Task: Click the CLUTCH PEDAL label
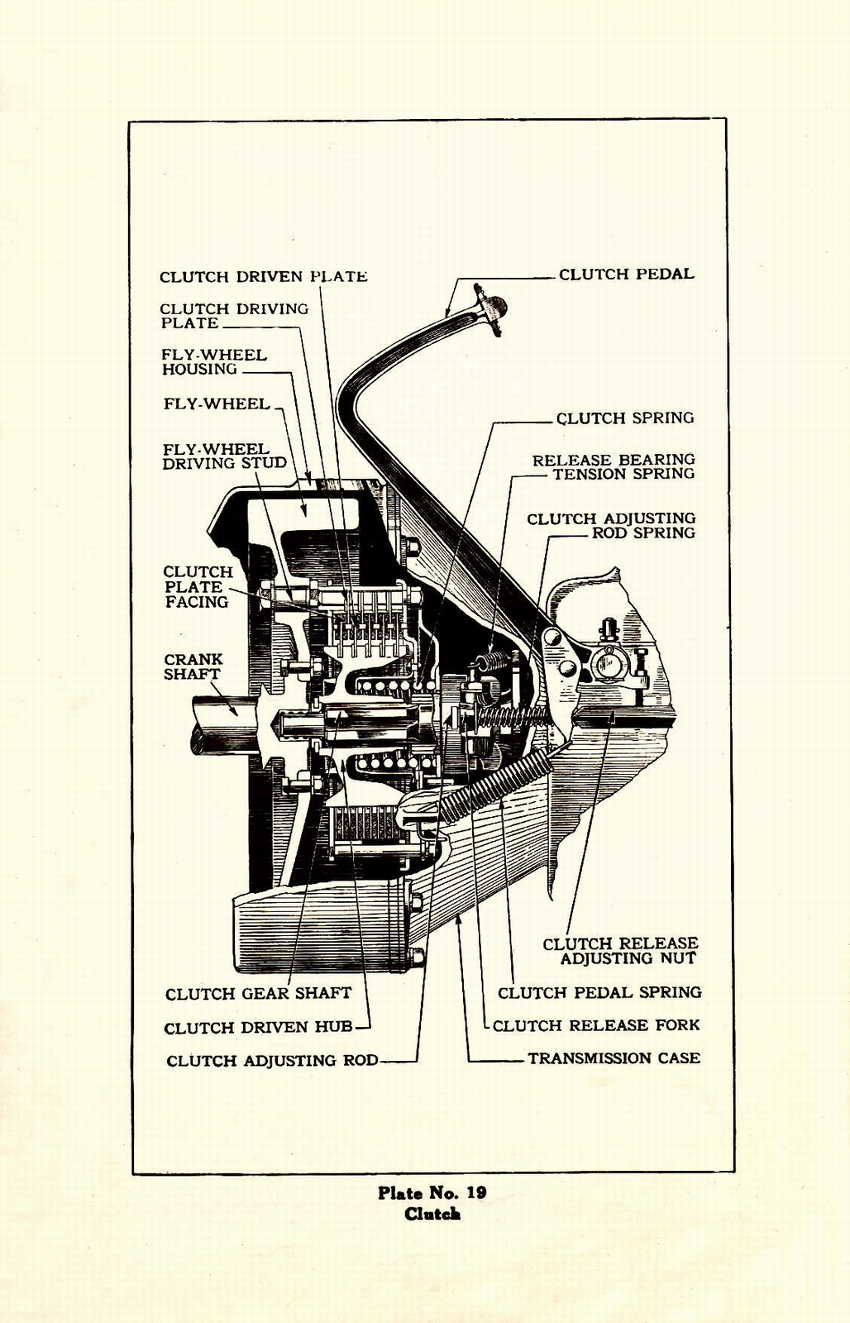(x=626, y=275)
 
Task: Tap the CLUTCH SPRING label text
(x=624, y=418)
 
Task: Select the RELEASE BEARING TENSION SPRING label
(x=614, y=466)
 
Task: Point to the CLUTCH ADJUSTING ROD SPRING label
(x=611, y=526)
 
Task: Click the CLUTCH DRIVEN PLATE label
(x=263, y=277)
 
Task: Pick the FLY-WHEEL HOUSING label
(x=213, y=362)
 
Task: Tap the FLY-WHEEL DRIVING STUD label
(x=223, y=456)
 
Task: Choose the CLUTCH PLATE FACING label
(x=197, y=587)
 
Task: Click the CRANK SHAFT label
(x=193, y=666)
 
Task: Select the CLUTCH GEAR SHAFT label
(x=258, y=994)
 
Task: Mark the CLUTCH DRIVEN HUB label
(x=258, y=1028)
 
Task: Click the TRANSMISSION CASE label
(x=614, y=1058)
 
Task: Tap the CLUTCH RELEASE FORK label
(x=595, y=1025)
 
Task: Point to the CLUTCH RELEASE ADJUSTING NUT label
(x=620, y=951)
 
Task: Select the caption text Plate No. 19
(x=432, y=1192)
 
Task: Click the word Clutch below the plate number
(x=432, y=1214)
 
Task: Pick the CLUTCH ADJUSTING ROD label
(x=272, y=1061)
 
